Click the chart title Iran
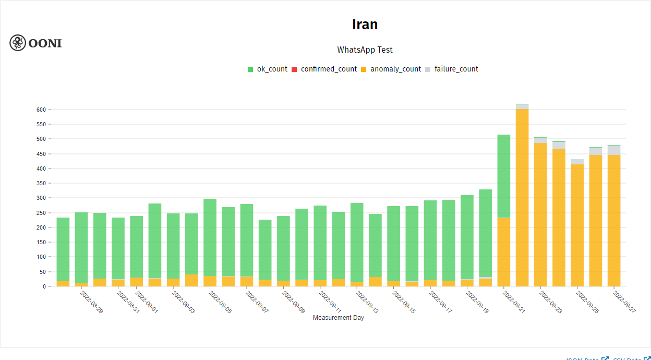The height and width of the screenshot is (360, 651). pos(365,25)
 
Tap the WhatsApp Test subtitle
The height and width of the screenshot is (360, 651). pos(365,50)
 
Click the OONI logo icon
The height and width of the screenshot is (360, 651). pos(18,43)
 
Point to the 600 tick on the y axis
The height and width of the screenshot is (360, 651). pos(41,110)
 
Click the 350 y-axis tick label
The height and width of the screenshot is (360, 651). pos(41,184)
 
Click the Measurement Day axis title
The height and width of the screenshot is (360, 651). pos(339,318)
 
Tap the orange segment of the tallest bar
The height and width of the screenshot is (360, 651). pos(522,198)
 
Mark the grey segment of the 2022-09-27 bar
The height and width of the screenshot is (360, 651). pos(614,150)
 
